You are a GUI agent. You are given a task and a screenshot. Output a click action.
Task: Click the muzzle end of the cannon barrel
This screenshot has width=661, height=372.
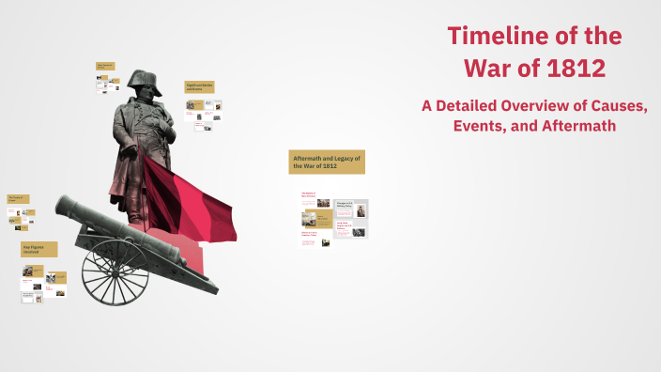(x=62, y=207)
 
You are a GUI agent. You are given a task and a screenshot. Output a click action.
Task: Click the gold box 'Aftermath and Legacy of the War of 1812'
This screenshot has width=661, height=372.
(x=327, y=161)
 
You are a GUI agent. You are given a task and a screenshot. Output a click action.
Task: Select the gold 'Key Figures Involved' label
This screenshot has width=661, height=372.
(x=39, y=250)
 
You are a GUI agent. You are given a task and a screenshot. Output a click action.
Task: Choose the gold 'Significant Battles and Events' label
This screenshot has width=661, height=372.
(x=200, y=87)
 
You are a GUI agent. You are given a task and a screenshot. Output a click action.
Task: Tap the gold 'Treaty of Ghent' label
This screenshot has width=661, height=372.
(x=19, y=199)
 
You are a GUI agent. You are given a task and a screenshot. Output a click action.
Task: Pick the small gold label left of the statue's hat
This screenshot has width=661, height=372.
(x=104, y=67)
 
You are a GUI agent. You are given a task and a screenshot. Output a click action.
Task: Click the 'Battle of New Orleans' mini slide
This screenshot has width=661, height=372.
(x=309, y=198)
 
